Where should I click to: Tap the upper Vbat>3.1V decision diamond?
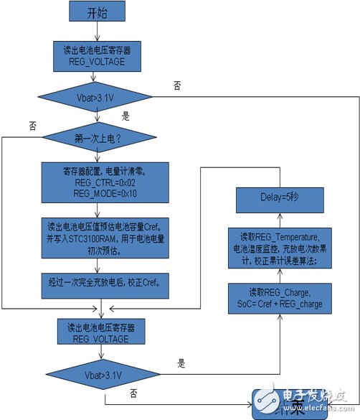click(x=96, y=96)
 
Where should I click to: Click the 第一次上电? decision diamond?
click(x=99, y=136)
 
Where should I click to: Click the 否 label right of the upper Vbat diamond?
click(x=177, y=85)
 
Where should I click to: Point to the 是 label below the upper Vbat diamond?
click(x=127, y=114)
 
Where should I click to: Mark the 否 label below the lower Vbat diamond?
click(x=134, y=393)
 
